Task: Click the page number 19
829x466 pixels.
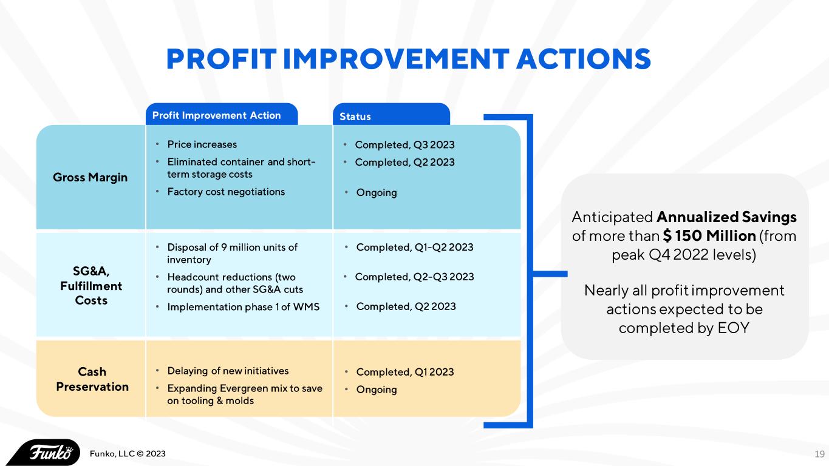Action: (819, 454)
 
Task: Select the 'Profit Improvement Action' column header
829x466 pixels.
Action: (216, 115)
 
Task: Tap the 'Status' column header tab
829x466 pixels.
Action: (355, 116)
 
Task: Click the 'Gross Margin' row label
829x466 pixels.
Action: (90, 178)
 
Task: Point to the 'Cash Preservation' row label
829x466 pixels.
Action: (92, 379)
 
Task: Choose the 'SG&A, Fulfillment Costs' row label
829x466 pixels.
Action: (91, 286)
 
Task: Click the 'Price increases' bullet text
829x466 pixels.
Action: (202, 144)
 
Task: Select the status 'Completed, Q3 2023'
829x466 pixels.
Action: (404, 144)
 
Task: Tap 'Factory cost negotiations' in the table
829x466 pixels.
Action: (226, 192)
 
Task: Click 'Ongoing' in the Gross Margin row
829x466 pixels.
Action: (377, 192)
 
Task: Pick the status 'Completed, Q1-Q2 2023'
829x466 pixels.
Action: (415, 247)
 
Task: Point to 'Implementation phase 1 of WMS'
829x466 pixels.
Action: (243, 306)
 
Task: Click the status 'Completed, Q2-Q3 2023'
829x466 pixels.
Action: (414, 277)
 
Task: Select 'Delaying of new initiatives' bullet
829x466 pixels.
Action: (228, 371)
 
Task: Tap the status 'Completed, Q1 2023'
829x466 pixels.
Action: (405, 372)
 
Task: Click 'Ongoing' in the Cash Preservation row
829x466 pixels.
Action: (377, 390)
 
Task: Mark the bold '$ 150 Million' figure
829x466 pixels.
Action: (709, 235)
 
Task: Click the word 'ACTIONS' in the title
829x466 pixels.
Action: (584, 59)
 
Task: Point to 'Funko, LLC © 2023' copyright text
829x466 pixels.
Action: (128, 454)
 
